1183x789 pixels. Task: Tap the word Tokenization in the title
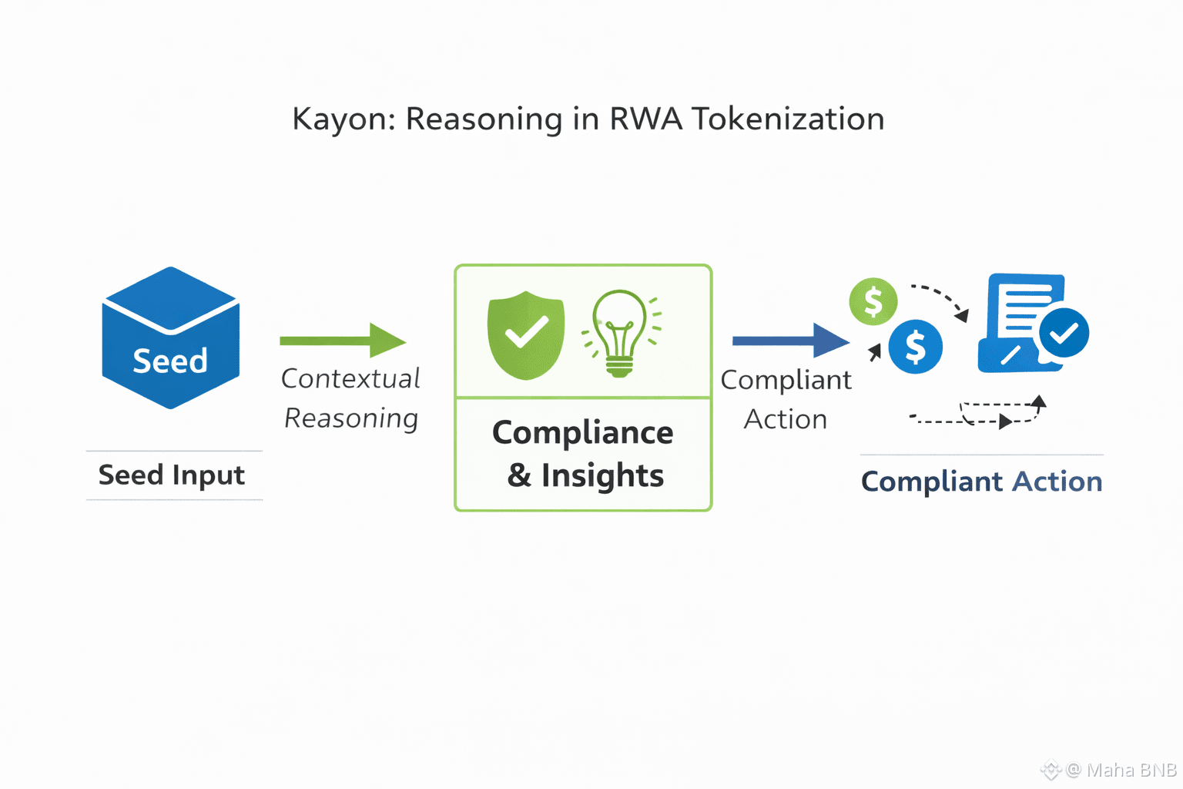coord(787,119)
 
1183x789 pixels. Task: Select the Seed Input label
coord(171,475)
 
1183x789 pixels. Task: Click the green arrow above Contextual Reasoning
coord(343,341)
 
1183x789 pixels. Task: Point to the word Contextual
coord(350,378)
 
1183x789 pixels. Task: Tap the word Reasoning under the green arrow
coord(351,418)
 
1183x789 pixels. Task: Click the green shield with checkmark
coord(526,334)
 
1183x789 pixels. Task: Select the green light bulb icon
coord(621,333)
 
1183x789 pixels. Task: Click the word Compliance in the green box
coord(582,433)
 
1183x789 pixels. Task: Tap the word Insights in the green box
coord(602,475)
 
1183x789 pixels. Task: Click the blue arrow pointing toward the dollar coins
coord(790,341)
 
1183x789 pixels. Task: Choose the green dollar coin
coord(873,301)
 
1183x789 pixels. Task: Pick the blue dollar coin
coord(915,347)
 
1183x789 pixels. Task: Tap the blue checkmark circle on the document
coord(1064,333)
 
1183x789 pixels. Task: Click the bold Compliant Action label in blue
coord(981,482)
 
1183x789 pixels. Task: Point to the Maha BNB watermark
coord(1121,769)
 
